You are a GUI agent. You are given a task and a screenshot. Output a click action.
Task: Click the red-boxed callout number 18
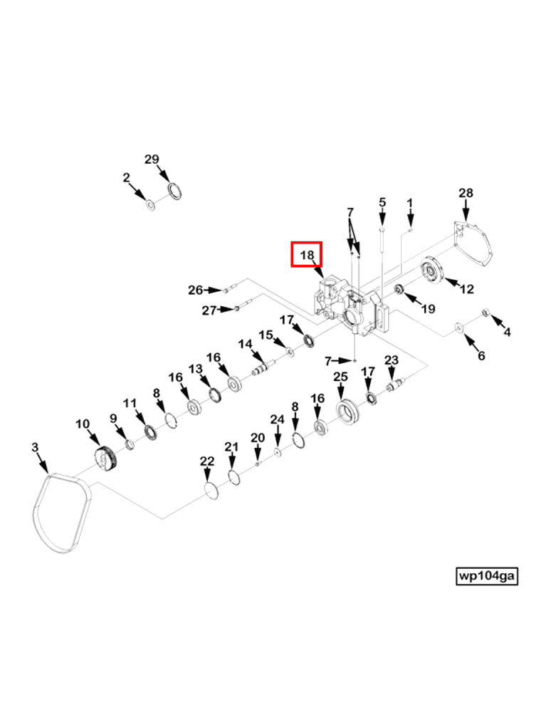(x=307, y=254)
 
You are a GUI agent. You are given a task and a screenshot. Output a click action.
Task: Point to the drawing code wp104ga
(x=487, y=575)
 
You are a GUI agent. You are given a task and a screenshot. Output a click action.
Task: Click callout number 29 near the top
(x=152, y=159)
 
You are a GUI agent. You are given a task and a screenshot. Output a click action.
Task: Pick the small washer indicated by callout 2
(x=149, y=205)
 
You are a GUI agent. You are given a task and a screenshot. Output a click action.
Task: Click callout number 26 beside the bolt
(x=195, y=290)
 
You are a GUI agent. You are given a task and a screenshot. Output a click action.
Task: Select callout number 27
(x=209, y=310)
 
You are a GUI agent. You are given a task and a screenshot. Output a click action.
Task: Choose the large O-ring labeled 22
(x=210, y=491)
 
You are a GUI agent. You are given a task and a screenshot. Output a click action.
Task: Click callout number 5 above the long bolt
(x=382, y=203)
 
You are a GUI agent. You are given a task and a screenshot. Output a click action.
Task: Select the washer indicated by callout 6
(x=460, y=328)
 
